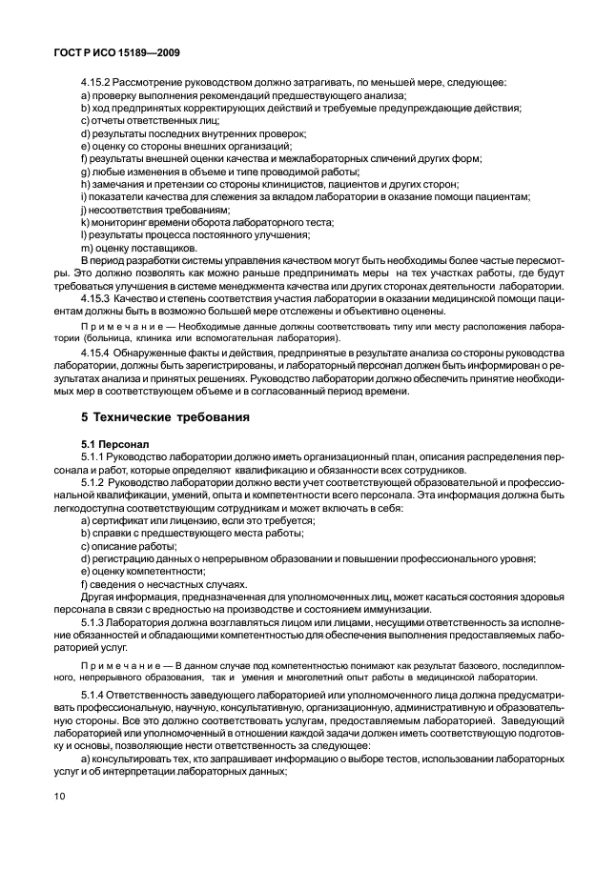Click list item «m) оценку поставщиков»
coord(139,248)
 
